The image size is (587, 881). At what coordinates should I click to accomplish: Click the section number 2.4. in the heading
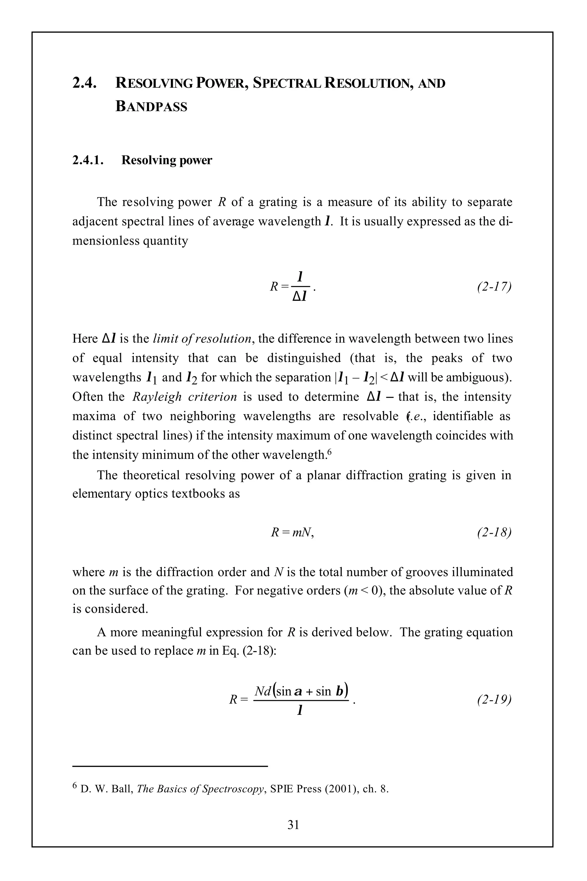[x=84, y=83]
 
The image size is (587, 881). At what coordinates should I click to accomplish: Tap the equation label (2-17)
[x=494, y=286]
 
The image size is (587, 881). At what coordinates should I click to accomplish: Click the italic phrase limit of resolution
[x=202, y=339]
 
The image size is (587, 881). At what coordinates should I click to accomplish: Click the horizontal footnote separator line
[x=170, y=766]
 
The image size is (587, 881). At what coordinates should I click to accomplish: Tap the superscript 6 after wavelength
[x=329, y=452]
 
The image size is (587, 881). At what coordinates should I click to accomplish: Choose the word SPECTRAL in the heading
[x=286, y=83]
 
